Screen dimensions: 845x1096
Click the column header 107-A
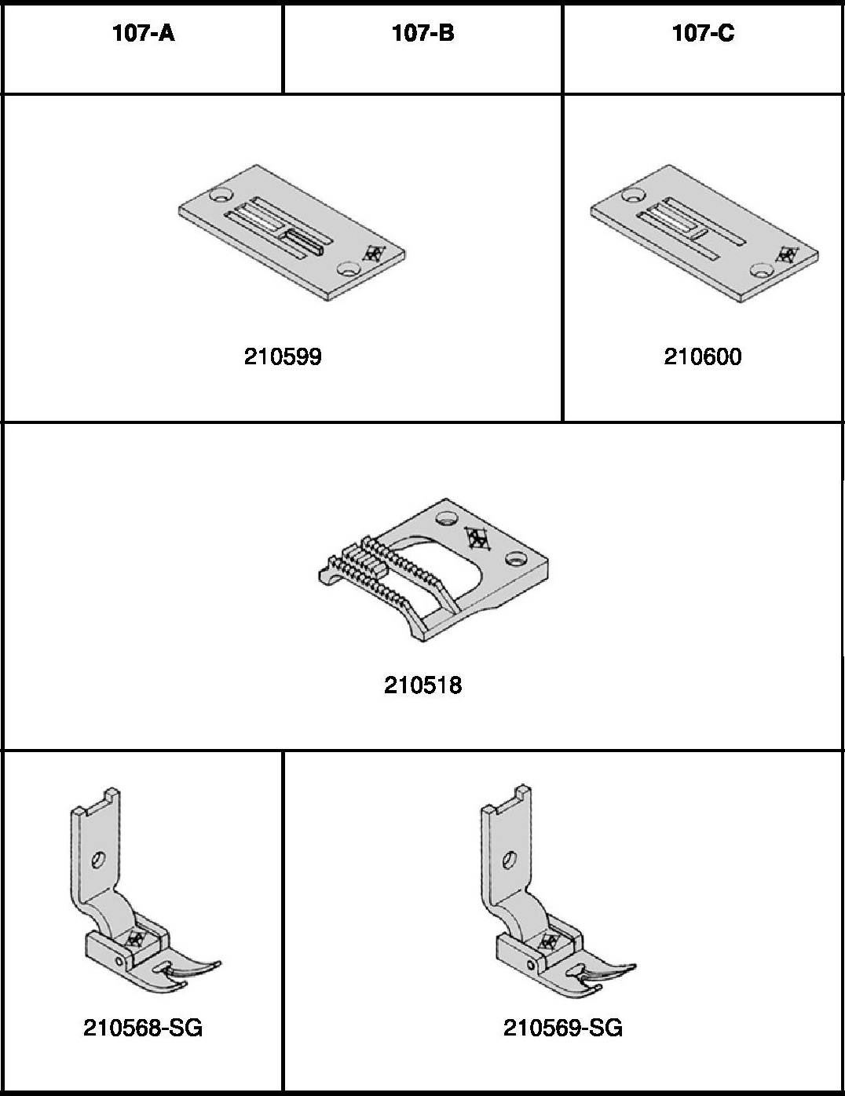(x=144, y=33)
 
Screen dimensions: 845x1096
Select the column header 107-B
(x=422, y=33)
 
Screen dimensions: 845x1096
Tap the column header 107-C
(x=703, y=33)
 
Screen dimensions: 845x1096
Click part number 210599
(x=283, y=356)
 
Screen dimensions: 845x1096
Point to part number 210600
(x=703, y=356)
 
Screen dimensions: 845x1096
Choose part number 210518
(x=422, y=685)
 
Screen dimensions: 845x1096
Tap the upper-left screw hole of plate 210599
(x=221, y=194)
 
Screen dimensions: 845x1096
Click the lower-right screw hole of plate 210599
(x=349, y=269)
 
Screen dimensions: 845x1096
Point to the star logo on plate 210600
(x=787, y=254)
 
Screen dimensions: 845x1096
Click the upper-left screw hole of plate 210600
(x=634, y=194)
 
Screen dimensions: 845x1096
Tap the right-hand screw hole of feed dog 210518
(x=516, y=558)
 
